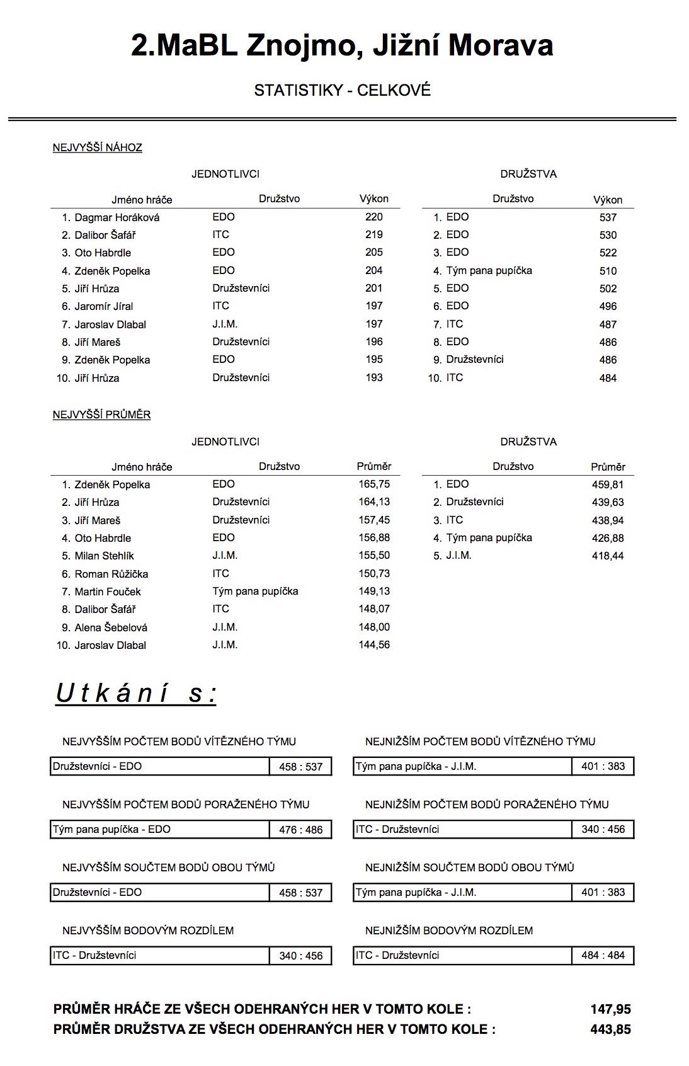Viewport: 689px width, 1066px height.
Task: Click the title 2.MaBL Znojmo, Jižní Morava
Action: tap(342, 45)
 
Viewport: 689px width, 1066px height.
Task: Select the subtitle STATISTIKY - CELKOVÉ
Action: tap(342, 90)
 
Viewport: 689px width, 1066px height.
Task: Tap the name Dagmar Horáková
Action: tap(117, 217)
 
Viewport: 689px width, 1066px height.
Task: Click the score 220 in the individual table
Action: tap(373, 217)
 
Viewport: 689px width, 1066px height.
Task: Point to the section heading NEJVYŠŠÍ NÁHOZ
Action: tap(98, 147)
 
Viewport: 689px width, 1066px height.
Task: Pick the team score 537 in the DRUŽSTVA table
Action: tap(608, 217)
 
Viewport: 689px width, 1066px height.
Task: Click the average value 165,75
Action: tap(374, 484)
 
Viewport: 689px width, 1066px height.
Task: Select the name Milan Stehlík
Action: tap(104, 556)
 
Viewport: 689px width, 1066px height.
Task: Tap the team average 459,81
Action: tap(608, 484)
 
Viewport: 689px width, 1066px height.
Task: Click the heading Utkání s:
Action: tap(136, 693)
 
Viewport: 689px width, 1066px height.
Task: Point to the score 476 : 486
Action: tap(300, 830)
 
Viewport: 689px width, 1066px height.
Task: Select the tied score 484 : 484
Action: tap(603, 955)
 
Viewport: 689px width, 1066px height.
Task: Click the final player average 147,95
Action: tap(610, 1009)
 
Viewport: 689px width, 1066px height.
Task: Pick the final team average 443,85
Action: tap(610, 1029)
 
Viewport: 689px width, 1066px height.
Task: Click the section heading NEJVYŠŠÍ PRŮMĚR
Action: tap(101, 415)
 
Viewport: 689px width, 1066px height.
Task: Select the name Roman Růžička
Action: tap(111, 574)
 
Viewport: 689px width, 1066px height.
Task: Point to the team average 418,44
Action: tap(608, 556)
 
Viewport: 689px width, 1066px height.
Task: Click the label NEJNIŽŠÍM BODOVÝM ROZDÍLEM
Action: tap(449, 930)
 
